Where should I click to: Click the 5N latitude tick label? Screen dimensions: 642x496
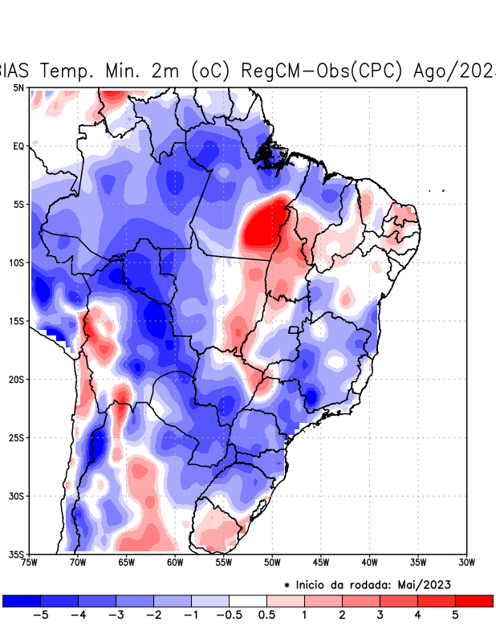click(18, 87)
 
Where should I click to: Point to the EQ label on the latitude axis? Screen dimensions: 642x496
click(18, 146)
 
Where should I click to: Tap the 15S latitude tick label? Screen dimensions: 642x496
click(17, 321)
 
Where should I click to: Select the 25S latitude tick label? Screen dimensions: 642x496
click(17, 437)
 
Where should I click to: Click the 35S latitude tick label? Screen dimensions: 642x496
click(17, 554)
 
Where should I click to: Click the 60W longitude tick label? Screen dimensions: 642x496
click(175, 563)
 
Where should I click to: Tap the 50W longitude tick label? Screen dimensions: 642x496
click(271, 563)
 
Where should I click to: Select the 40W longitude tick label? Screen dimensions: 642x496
click(369, 563)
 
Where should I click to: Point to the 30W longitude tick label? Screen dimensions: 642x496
click(466, 563)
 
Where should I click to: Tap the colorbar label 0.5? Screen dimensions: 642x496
click(266, 615)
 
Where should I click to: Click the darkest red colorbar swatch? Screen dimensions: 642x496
click(474, 600)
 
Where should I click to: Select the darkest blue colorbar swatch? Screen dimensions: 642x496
click(22, 600)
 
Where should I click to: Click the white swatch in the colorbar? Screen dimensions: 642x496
click(247, 600)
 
